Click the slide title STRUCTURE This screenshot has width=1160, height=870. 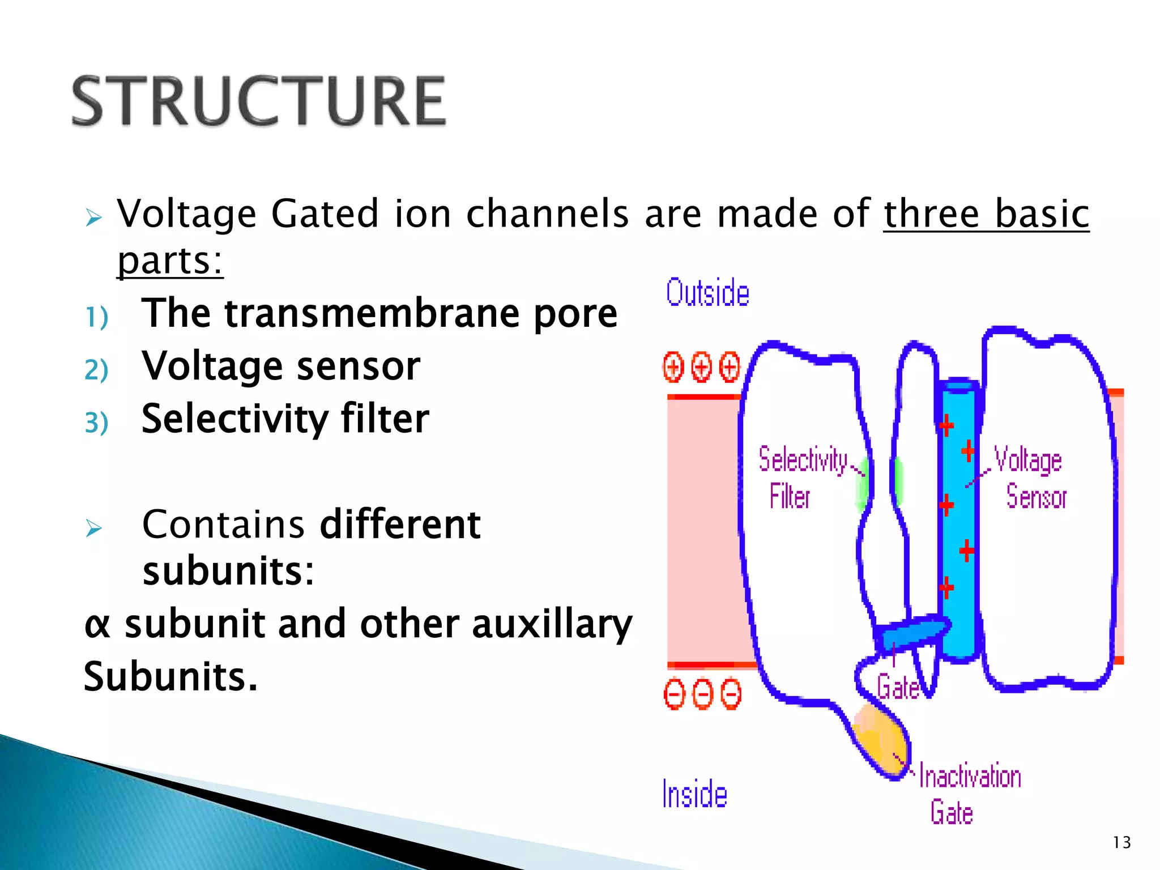click(x=259, y=101)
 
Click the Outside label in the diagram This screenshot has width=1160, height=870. click(x=707, y=293)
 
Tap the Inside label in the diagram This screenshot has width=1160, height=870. click(x=694, y=794)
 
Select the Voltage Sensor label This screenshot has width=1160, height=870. click(x=1030, y=477)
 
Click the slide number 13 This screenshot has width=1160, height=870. click(x=1121, y=843)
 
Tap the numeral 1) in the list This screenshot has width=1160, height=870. click(x=96, y=317)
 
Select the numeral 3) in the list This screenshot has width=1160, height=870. click(x=96, y=423)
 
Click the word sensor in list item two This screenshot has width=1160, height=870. click(x=358, y=366)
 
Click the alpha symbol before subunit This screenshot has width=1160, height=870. click(x=97, y=624)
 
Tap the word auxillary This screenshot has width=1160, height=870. click(x=552, y=624)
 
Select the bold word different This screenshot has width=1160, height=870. click(x=400, y=524)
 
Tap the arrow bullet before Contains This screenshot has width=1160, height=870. click(x=93, y=528)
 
